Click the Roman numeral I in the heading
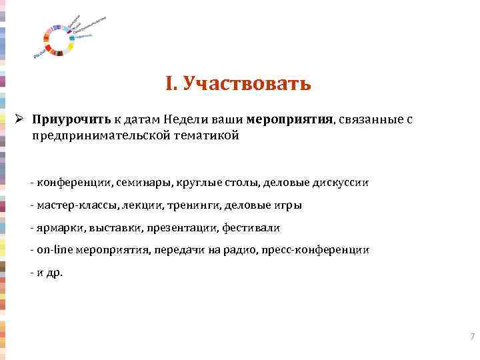point(169,84)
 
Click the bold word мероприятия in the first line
point(289,120)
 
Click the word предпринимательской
point(97,135)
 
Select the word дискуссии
point(341,182)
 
